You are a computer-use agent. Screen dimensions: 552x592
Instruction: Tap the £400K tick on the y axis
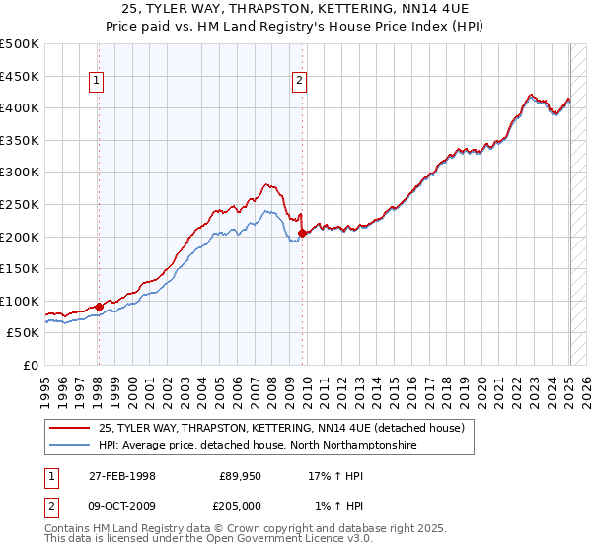point(20,107)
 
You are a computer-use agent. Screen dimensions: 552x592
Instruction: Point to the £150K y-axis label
point(20,268)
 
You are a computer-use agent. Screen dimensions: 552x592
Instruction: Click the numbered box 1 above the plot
point(98,82)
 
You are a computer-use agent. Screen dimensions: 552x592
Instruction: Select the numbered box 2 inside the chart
point(299,82)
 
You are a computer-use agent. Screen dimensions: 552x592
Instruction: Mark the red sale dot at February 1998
point(99,307)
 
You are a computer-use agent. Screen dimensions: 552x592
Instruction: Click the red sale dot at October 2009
point(302,233)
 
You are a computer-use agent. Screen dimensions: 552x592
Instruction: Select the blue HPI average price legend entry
point(257,446)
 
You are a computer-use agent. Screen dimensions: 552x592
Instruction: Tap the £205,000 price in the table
point(240,507)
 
